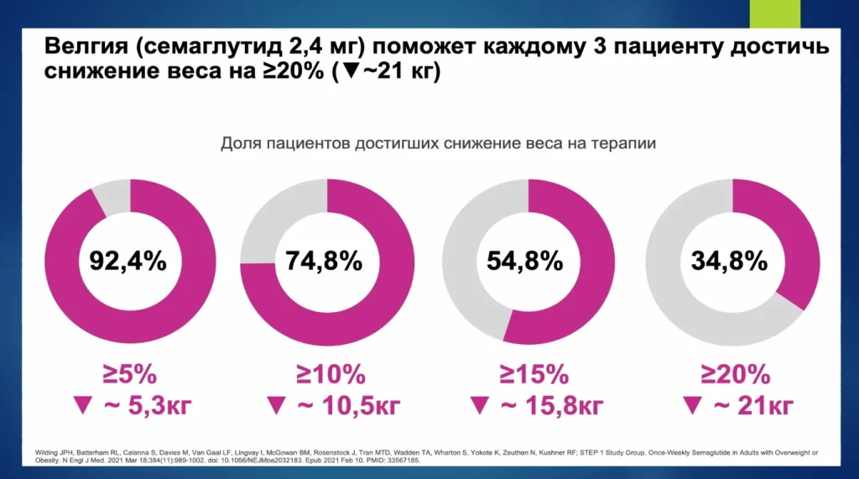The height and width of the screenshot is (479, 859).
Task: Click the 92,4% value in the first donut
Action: (128, 261)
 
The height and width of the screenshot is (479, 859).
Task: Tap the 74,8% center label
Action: (325, 261)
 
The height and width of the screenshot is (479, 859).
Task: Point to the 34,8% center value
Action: (730, 261)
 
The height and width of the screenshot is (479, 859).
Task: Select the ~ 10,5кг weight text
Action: (348, 407)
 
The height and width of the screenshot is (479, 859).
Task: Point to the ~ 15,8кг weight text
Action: (550, 407)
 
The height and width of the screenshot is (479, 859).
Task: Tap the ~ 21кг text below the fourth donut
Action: (752, 407)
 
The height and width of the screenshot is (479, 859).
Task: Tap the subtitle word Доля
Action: (240, 143)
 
